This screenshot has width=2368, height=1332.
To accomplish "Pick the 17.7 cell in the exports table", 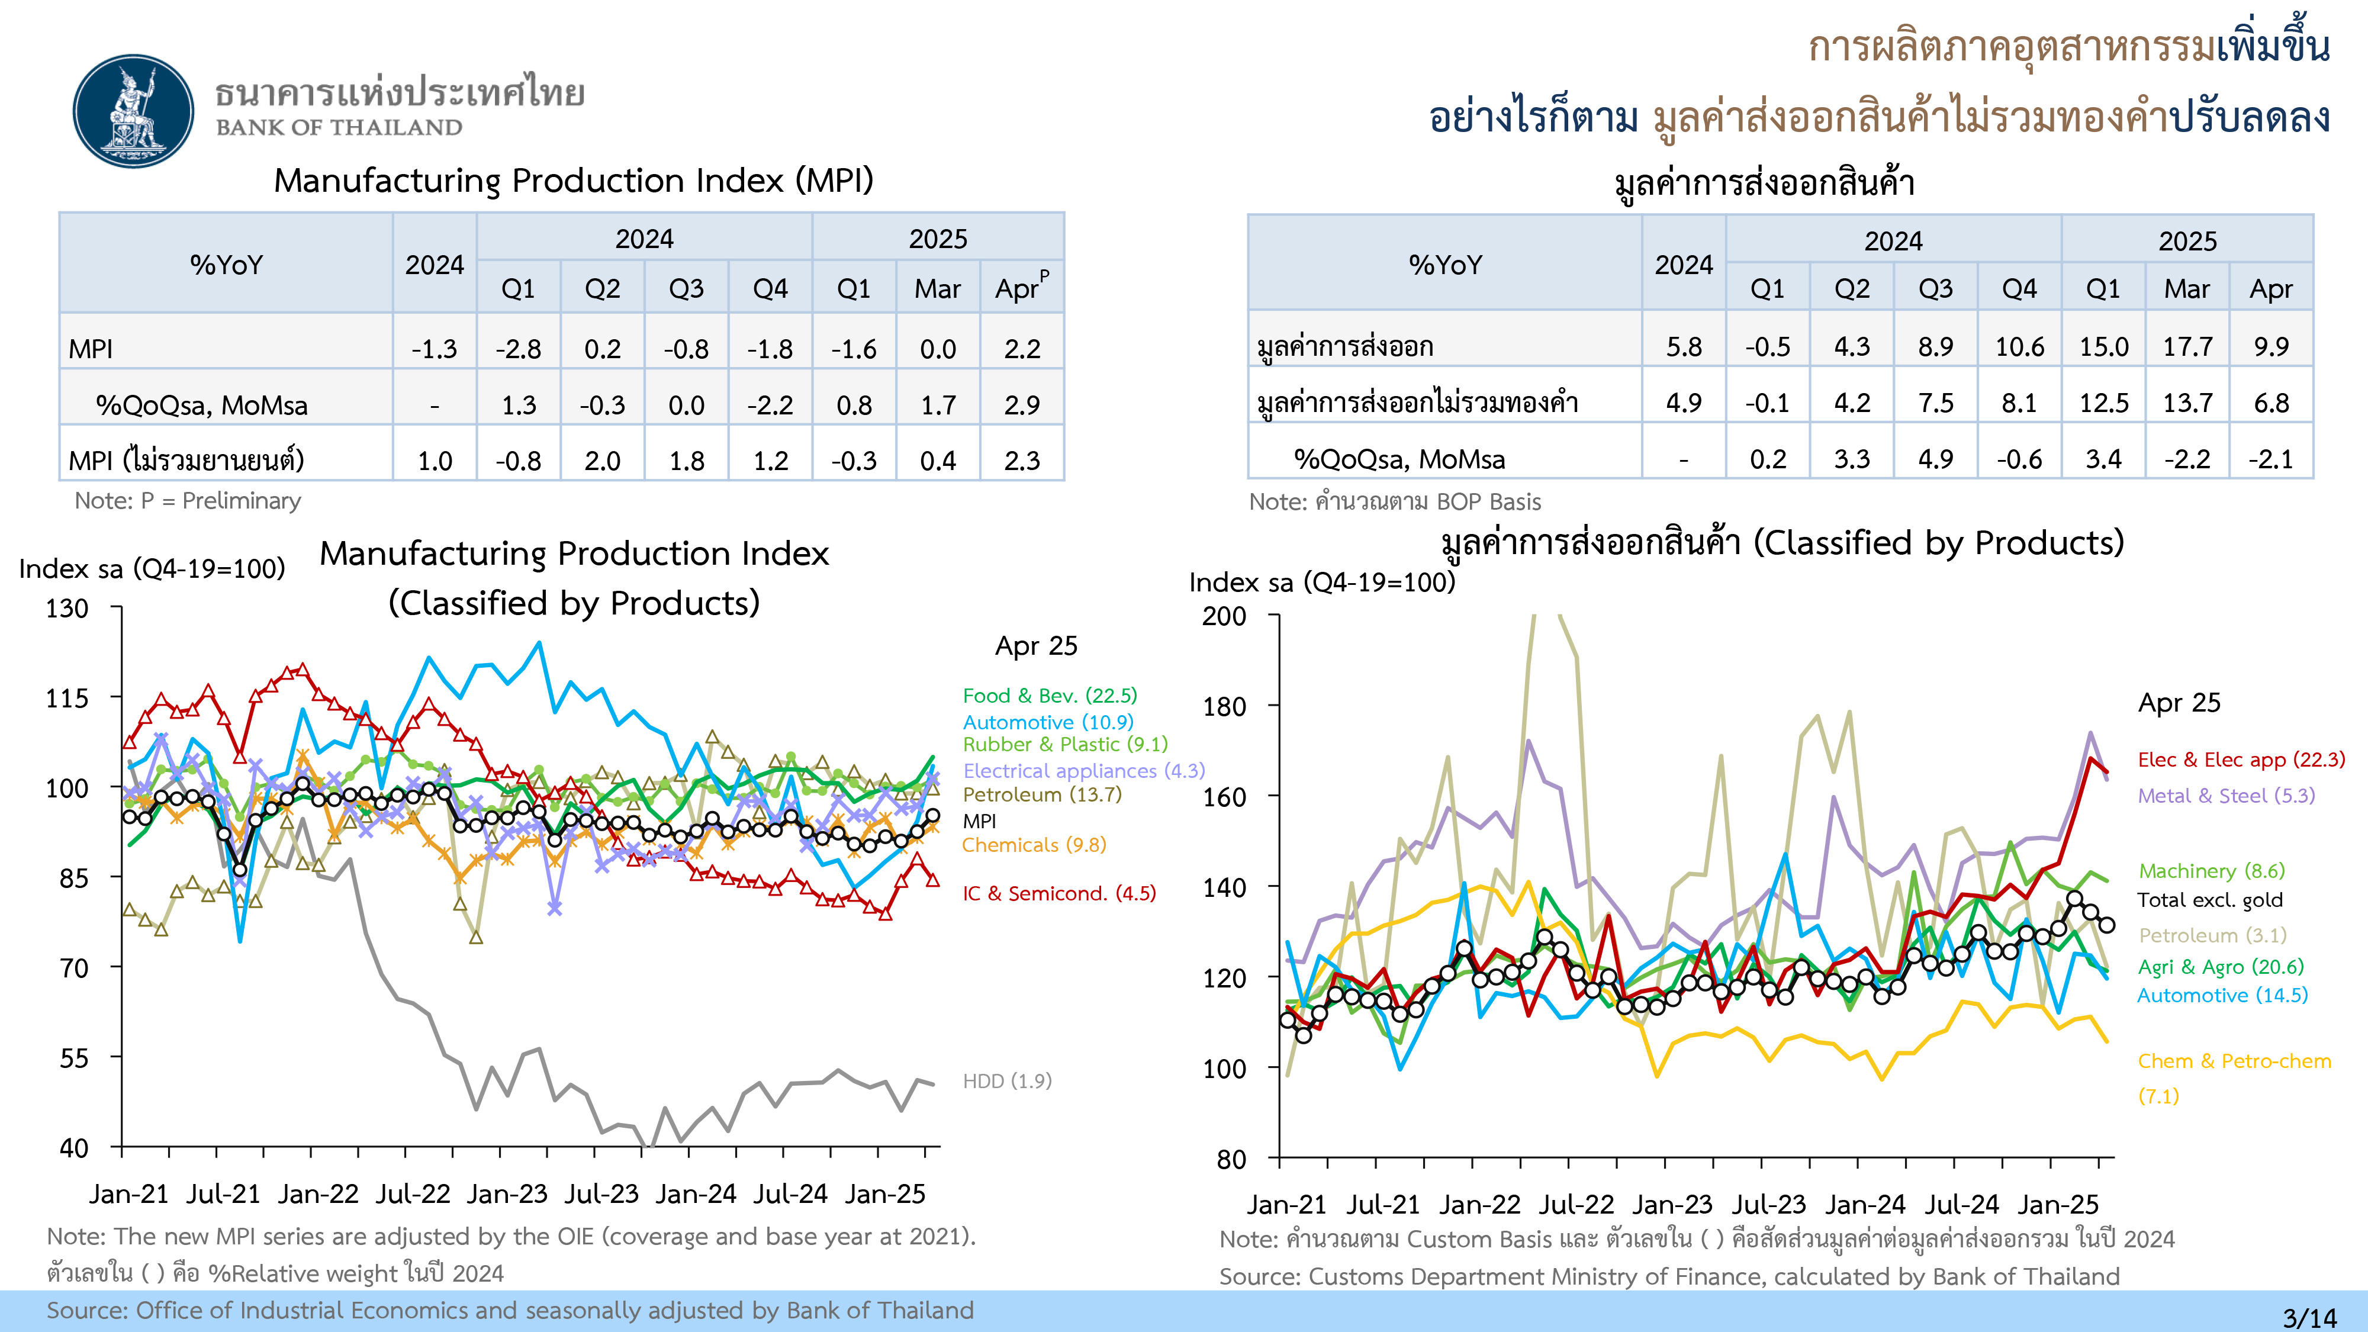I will (2187, 346).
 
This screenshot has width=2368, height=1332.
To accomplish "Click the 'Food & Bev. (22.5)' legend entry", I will (1049, 696).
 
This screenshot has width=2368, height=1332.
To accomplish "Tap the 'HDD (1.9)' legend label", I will (1006, 1081).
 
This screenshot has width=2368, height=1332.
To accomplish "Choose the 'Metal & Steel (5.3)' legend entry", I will (2225, 796).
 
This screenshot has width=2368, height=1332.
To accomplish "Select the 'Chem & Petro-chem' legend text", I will (2234, 1061).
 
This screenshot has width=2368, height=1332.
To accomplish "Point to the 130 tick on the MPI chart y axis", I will (67, 609).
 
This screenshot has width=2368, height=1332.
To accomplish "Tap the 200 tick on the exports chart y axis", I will (1224, 617).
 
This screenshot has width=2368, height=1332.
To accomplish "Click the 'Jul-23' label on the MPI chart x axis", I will (601, 1194).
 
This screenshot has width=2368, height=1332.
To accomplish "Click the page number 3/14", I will (2308, 1317).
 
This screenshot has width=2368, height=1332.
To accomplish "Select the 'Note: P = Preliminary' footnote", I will (188, 501).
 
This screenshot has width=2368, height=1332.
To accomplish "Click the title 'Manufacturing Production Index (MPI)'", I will (574, 181).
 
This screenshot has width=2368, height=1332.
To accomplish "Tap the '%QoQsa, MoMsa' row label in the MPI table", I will (201, 406).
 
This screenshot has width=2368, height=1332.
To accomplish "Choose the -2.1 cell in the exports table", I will (2270, 459).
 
